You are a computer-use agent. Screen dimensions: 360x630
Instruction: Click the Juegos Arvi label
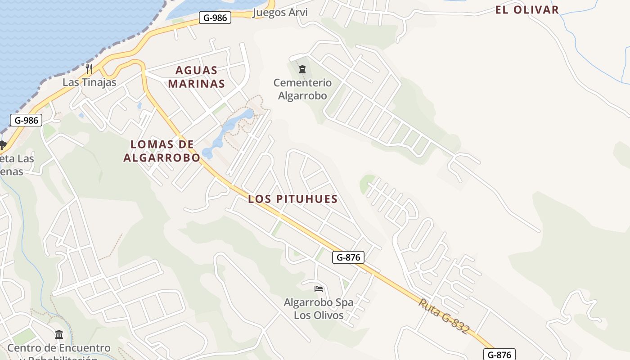pos(280,12)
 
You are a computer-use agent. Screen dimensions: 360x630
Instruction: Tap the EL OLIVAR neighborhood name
pos(527,9)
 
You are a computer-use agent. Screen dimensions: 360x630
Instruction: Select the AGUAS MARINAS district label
pos(196,77)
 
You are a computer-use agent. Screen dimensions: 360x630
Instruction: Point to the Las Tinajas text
pos(89,82)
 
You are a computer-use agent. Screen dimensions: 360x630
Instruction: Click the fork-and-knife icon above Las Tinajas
pos(89,69)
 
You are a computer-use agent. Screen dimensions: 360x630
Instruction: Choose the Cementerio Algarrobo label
pos(302,89)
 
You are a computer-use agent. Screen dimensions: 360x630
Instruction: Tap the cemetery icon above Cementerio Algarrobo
pos(302,69)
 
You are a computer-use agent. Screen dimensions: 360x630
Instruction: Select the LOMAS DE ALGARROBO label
pos(162,151)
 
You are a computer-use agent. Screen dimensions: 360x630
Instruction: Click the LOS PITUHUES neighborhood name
pos(292,199)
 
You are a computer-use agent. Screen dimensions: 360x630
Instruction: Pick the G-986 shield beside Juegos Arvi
pos(215,18)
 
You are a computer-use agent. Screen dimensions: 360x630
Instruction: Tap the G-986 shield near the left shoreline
pos(26,120)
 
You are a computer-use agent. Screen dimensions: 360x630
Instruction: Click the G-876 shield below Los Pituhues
pos(348,257)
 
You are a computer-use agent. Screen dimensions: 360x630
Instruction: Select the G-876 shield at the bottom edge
pos(499,354)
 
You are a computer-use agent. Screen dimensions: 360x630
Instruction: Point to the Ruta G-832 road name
pos(444,316)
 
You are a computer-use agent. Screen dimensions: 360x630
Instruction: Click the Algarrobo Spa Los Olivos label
pos(319,309)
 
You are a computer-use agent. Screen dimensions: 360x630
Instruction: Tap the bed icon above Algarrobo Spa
pos(319,288)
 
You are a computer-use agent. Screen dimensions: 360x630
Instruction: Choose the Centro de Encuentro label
pos(58,348)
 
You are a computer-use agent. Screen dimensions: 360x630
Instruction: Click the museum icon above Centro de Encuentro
pos(59,335)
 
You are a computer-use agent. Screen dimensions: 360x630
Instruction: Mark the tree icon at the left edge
pos(2,145)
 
